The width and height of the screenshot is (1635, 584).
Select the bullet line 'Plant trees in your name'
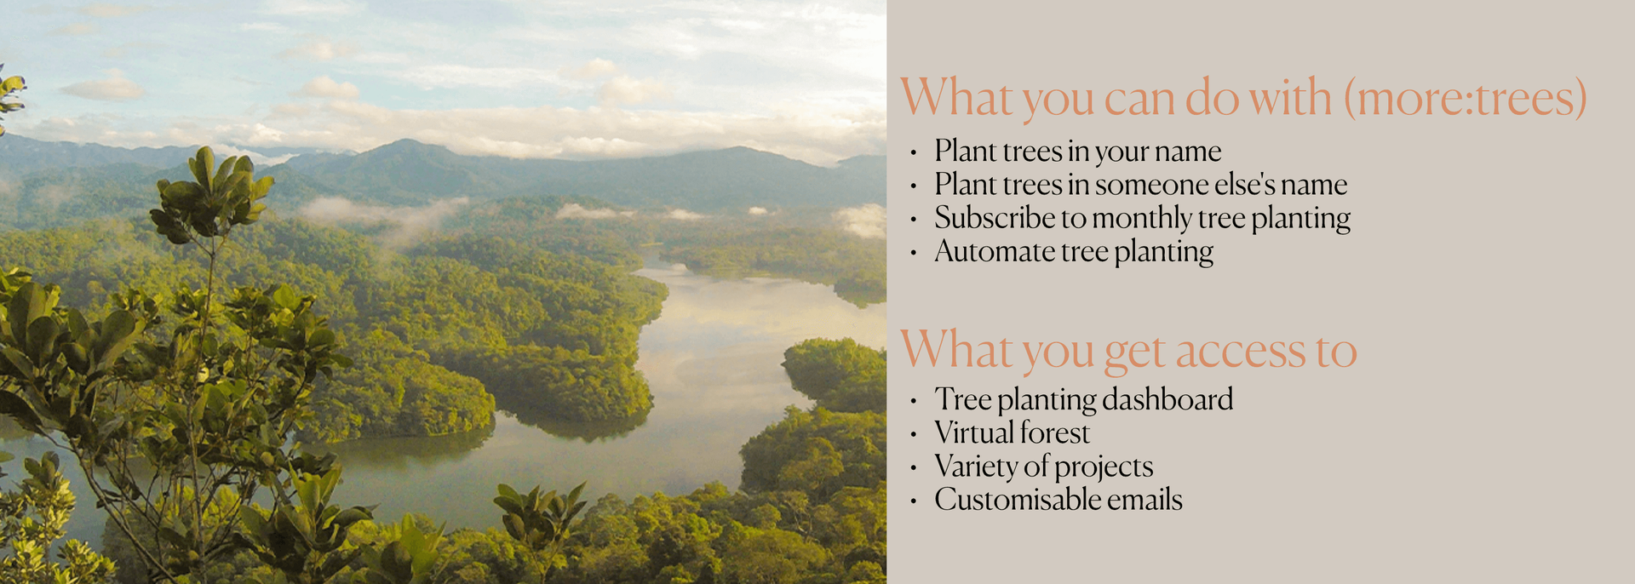(x=1077, y=152)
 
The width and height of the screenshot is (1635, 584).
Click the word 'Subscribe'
(x=994, y=218)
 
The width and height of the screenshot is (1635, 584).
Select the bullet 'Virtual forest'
(x=1012, y=433)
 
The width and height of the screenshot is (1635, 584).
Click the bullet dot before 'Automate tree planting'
(x=913, y=254)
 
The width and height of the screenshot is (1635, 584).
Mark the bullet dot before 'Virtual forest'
(x=913, y=435)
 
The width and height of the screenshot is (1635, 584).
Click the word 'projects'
(x=1104, y=467)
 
